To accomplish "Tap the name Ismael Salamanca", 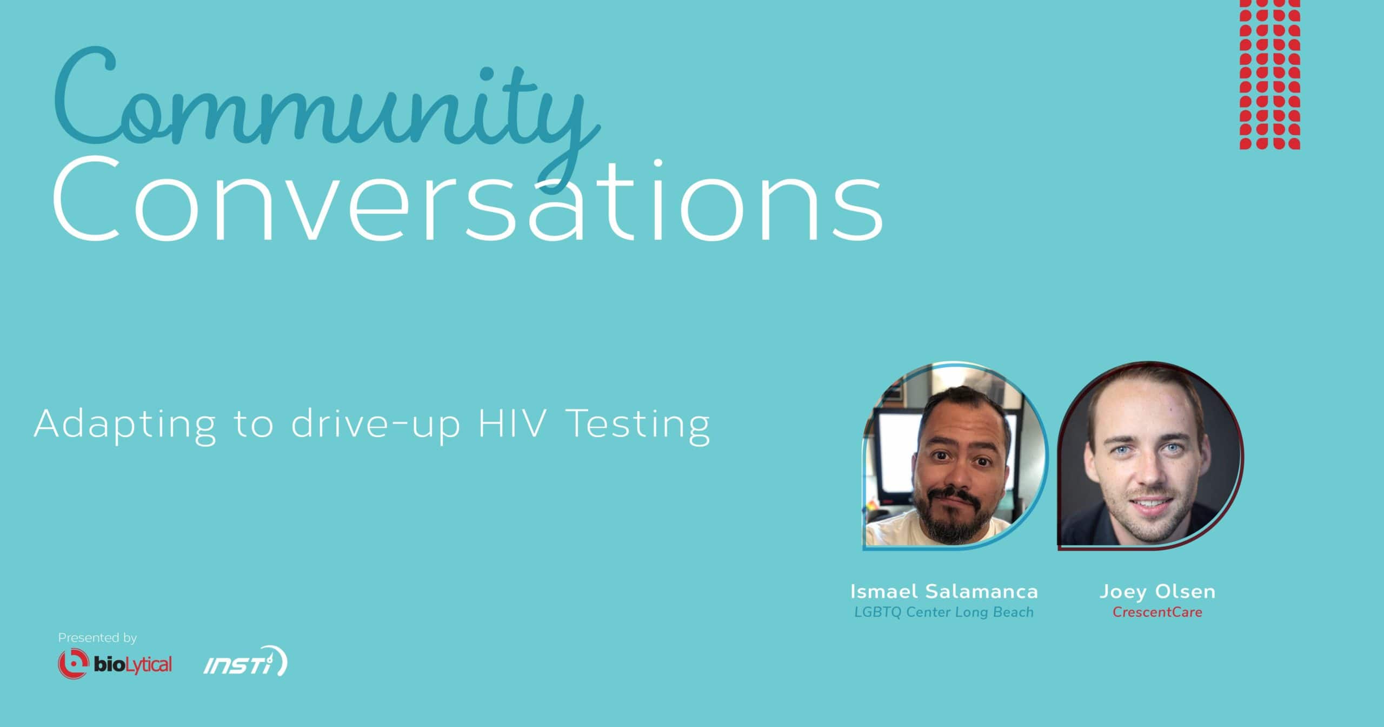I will pyautogui.click(x=944, y=591).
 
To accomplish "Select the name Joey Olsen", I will pyautogui.click(x=1157, y=591).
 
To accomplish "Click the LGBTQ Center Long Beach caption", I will pyautogui.click(x=944, y=612).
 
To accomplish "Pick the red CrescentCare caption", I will pyautogui.click(x=1157, y=612).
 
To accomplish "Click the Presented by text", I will pyautogui.click(x=97, y=638).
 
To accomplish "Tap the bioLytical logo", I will pyautogui.click(x=115, y=664).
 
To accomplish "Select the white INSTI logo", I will pyautogui.click(x=245, y=661).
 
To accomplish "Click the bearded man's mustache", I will pyautogui.click(x=956, y=495).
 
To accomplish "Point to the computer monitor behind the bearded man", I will pyautogui.click(x=897, y=449).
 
